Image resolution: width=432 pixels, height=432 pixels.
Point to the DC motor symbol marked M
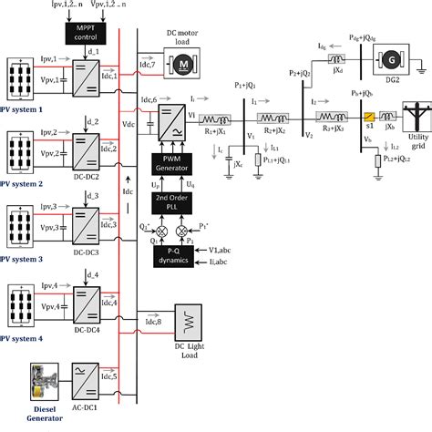click(x=180, y=65)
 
